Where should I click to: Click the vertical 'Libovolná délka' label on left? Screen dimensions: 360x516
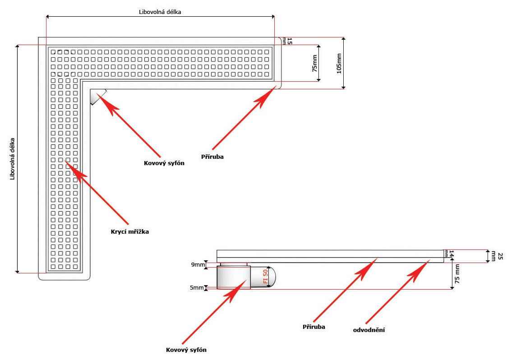(x=13, y=159)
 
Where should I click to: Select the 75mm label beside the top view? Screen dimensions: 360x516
(x=314, y=64)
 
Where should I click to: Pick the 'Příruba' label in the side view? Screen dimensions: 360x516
(x=314, y=326)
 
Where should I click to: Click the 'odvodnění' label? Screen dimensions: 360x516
(x=369, y=330)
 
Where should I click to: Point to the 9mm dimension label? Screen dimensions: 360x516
(x=197, y=265)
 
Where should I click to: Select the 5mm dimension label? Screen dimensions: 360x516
(x=197, y=287)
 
